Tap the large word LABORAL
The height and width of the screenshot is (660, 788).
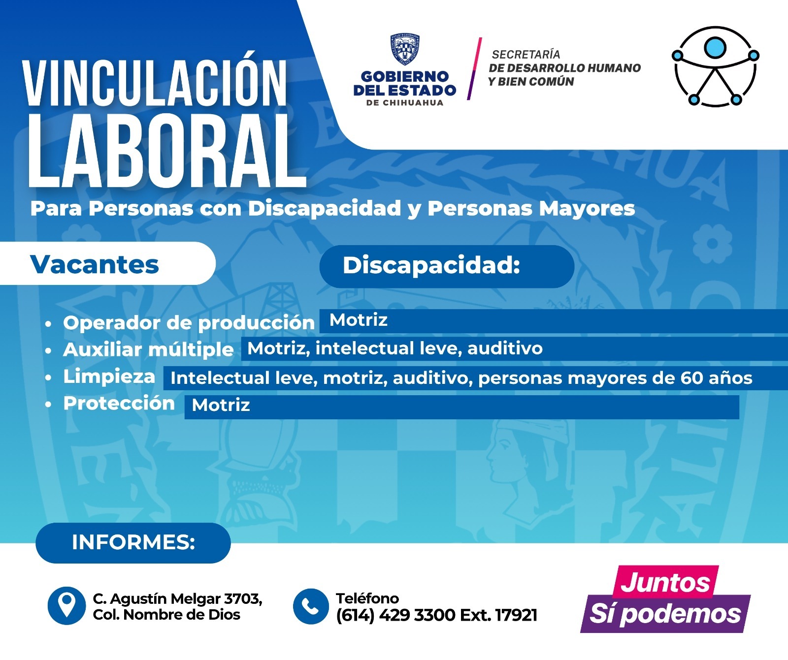point(166,151)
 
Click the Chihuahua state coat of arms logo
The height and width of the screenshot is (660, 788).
point(405,49)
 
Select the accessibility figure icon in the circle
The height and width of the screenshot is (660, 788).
point(715,66)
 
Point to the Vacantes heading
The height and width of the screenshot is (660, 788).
point(95,264)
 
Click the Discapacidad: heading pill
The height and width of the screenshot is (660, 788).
point(447,266)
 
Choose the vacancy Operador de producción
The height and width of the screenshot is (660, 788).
point(189,323)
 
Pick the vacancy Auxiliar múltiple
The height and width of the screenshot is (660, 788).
point(148,349)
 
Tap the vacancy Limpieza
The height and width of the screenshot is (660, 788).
point(109,377)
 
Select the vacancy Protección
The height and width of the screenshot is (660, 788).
point(119,403)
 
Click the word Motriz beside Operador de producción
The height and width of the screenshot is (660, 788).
point(359,320)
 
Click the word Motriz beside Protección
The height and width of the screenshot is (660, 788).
point(221,405)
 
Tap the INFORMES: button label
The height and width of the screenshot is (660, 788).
point(133,542)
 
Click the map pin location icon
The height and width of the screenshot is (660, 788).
point(66,606)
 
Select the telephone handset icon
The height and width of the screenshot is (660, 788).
point(310,606)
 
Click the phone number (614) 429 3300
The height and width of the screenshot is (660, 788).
point(395,615)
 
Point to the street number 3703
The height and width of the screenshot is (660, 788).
point(242,598)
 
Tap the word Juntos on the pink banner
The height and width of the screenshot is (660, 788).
point(665,583)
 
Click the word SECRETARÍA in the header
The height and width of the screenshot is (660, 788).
point(526,54)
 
